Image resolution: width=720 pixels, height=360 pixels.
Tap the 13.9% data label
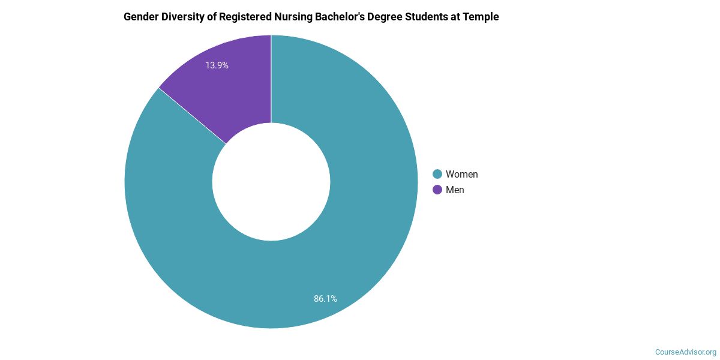[217, 65]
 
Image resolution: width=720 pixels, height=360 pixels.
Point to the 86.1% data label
[325, 298]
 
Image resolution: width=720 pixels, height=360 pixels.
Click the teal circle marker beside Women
[437, 174]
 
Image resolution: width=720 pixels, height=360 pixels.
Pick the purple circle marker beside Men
[437, 190]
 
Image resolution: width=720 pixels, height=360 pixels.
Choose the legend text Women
[461, 174]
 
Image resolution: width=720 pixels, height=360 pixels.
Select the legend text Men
[455, 190]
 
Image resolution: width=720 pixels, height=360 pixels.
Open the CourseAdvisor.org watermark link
[685, 352]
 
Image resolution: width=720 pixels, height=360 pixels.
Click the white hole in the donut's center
[271, 182]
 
